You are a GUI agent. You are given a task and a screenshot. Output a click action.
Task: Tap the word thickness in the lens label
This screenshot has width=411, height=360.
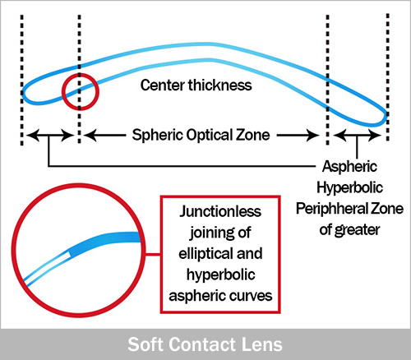click(x=220, y=85)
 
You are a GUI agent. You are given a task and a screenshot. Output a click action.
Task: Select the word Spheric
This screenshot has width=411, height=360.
click(x=157, y=136)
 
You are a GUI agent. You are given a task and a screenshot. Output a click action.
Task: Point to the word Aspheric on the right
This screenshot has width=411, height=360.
click(x=349, y=167)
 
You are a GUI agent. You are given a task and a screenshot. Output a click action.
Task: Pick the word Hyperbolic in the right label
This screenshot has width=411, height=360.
click(x=349, y=188)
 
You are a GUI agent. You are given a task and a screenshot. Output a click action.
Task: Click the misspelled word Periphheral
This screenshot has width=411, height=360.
click(x=331, y=209)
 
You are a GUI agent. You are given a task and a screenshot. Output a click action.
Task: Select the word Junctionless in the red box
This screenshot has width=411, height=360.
click(x=220, y=211)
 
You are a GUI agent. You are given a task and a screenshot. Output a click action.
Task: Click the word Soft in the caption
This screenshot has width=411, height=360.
click(x=145, y=344)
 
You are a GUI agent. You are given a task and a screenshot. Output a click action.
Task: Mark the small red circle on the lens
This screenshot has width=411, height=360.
click(x=62, y=92)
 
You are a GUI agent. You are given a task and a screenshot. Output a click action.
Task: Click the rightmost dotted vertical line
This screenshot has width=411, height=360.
click(x=388, y=77)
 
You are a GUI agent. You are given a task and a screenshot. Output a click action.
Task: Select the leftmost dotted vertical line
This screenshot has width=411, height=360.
click(x=22, y=80)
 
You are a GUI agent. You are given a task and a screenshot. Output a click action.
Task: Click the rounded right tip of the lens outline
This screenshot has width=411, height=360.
click(x=386, y=117)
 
